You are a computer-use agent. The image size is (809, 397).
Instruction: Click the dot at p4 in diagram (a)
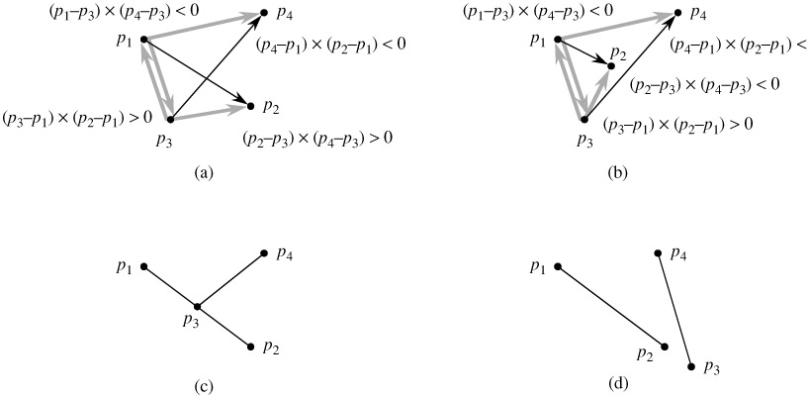coord(264,14)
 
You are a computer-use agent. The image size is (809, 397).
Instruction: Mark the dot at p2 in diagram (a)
coord(250,103)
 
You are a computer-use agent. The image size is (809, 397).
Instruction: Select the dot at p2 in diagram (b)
coord(612,65)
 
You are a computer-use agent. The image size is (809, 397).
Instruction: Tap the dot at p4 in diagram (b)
coord(678,14)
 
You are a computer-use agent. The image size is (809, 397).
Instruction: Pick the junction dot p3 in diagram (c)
coord(198,307)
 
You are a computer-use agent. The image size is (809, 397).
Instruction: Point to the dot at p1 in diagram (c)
coord(144,266)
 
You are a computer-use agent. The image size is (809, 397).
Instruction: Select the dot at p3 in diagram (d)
coord(690,366)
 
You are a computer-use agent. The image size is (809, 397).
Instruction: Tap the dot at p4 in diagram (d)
coord(660,253)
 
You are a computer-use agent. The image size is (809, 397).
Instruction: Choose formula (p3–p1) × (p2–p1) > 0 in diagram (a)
coord(76,117)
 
